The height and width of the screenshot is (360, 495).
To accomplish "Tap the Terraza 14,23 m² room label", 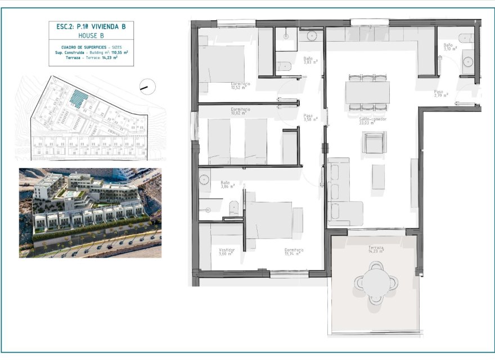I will coord(376,249).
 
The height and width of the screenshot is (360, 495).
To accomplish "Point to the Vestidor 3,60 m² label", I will coord(227,251).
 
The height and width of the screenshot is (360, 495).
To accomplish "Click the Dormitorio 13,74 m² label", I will coord(293,251).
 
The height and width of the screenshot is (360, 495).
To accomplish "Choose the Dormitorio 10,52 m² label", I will coord(240,85).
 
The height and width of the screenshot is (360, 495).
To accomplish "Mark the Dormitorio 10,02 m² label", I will coord(240,111).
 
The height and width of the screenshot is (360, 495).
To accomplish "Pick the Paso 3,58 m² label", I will coord(310,118).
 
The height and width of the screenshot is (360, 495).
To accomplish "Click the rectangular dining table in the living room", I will coord(367,92).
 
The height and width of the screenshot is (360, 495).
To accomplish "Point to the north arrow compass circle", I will coord(147,87).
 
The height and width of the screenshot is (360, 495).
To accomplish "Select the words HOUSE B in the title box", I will coord(91,35).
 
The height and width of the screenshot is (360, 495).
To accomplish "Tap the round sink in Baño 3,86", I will coord(204,180).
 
